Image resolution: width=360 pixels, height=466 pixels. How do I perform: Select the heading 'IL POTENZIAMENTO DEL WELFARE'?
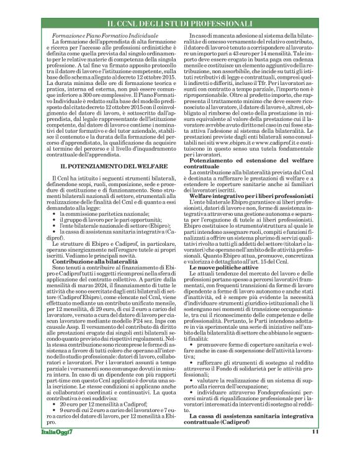coord(106,167)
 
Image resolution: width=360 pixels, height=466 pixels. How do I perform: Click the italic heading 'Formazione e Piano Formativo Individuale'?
coord(106,38)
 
